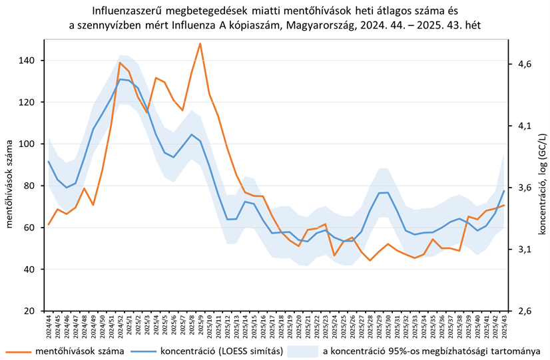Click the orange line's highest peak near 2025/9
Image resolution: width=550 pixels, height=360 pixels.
coord(200,44)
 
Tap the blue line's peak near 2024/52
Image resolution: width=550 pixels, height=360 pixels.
coord(120,79)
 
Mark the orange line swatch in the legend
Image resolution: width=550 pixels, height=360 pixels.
coord(18,350)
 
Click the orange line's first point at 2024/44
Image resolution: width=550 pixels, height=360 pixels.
coord(49,224)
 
